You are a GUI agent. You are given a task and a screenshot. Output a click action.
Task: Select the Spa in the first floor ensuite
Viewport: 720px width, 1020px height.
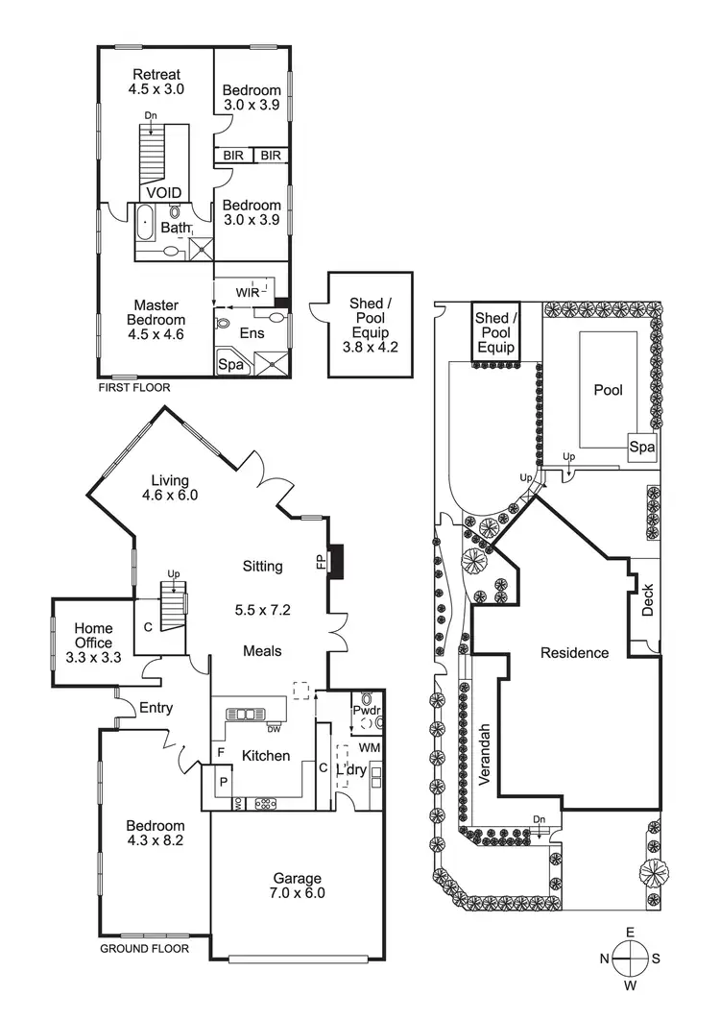tap(230, 365)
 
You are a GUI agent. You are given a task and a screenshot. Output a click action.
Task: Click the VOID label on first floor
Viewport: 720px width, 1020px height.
tap(163, 193)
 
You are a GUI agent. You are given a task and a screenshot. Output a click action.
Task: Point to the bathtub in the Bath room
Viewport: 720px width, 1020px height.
tap(146, 223)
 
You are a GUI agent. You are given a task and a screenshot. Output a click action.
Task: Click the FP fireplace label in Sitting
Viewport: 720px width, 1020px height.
tap(321, 563)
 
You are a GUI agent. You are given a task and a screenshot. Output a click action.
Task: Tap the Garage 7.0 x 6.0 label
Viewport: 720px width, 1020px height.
tap(297, 885)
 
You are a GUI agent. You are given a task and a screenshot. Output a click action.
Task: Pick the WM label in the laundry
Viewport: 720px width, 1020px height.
tap(370, 746)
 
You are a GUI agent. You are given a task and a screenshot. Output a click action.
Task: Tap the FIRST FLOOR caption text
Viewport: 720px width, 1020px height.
tap(134, 388)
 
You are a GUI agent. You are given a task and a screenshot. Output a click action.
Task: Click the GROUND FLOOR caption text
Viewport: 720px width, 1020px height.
tap(144, 948)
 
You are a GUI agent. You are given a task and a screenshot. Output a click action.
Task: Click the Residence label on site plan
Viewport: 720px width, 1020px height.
tap(574, 652)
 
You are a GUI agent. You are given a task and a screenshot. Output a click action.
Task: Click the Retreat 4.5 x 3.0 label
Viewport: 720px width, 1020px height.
tap(157, 82)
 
